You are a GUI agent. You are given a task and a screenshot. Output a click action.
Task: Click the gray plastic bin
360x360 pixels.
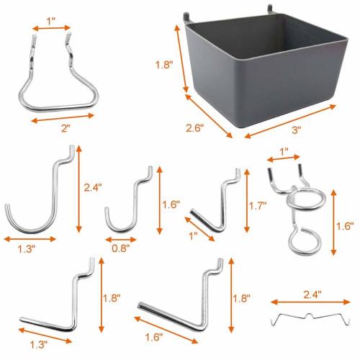coord(259,68)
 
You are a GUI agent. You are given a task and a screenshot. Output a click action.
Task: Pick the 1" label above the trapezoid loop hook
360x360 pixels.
coord(52,17)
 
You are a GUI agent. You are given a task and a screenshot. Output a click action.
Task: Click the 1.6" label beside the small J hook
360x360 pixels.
coord(169,203)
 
